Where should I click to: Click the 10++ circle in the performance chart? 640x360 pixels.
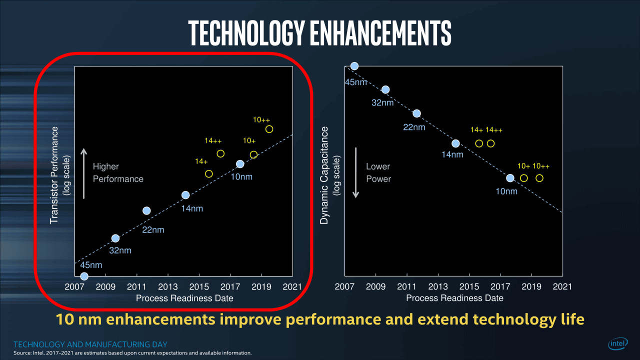tap(269, 129)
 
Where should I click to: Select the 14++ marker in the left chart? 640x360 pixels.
tap(220, 153)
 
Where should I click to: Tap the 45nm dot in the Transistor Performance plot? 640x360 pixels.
tap(84, 276)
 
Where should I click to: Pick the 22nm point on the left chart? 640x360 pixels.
tap(146, 210)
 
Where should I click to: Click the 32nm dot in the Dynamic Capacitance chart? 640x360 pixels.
tap(385, 89)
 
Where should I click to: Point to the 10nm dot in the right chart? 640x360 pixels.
tap(510, 178)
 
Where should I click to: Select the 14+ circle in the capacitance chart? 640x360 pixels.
tap(479, 143)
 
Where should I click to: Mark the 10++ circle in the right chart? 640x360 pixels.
tap(539, 178)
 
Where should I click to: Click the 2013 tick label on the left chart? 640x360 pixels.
tap(168, 287)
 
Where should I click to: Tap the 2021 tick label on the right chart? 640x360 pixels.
tap(562, 287)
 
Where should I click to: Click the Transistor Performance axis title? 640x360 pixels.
tap(54, 175)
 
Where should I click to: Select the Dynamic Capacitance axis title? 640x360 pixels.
tap(324, 175)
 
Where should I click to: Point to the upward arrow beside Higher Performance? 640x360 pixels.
tap(84, 173)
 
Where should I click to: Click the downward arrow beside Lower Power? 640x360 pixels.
tap(356, 173)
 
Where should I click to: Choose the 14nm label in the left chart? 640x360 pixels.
tap(192, 208)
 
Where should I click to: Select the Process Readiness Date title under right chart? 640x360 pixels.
tap(454, 298)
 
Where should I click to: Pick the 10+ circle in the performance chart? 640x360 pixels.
tap(253, 154)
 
